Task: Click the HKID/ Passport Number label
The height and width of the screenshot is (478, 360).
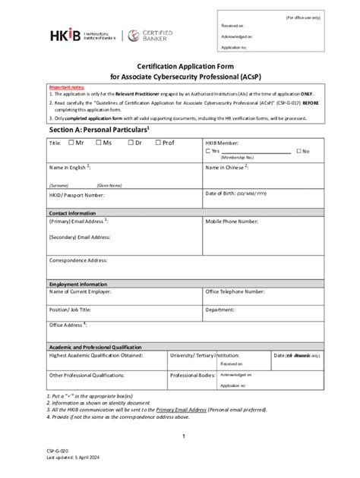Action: (77, 194)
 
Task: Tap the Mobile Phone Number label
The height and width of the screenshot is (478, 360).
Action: (238, 222)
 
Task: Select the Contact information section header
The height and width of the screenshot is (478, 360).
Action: (72, 213)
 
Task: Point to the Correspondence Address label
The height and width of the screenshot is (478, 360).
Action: (78, 260)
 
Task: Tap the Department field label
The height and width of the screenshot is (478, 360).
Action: (219, 310)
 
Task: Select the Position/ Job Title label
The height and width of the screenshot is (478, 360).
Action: (71, 310)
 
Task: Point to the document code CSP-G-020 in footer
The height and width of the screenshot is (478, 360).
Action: (58, 450)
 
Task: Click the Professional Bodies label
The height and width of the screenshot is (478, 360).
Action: (193, 375)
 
